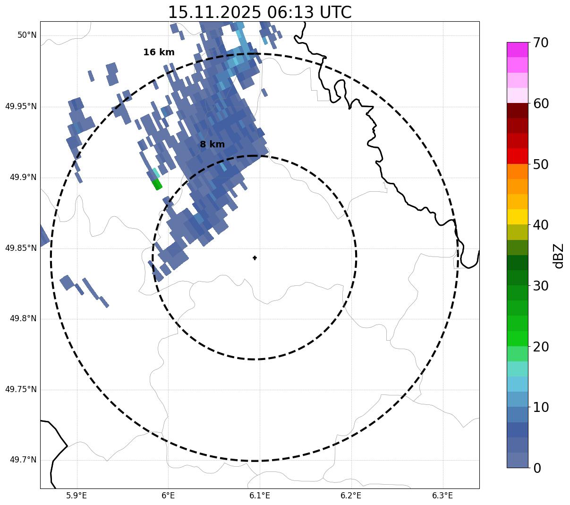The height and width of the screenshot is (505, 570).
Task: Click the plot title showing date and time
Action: (260, 12)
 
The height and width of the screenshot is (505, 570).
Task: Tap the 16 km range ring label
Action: (159, 52)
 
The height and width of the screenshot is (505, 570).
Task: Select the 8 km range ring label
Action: (212, 145)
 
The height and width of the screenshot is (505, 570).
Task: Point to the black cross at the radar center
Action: (255, 258)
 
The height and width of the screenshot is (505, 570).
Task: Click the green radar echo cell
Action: (157, 184)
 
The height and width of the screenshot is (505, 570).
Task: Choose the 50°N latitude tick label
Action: (27, 35)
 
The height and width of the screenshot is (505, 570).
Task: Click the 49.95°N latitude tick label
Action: (21, 106)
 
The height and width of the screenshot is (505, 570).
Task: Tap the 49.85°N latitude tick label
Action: (21, 248)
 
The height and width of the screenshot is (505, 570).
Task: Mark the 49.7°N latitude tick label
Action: (23, 460)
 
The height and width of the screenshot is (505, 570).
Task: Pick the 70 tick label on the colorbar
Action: (541, 43)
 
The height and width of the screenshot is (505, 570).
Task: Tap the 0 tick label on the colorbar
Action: (537, 468)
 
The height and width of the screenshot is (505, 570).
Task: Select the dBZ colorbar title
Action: (559, 256)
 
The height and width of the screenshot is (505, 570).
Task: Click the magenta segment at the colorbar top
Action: (517, 50)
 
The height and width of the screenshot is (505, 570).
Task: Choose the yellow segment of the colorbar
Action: (517, 217)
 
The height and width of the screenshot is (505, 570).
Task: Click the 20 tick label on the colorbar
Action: (541, 347)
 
